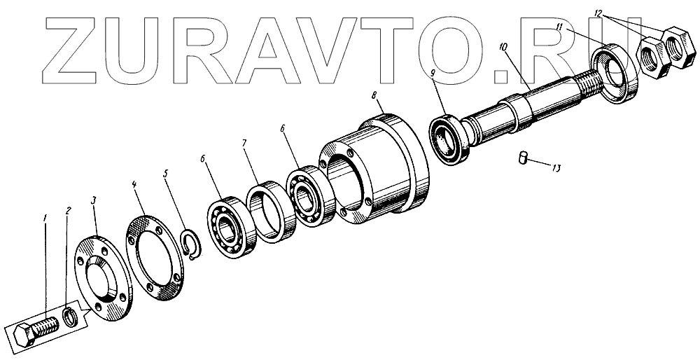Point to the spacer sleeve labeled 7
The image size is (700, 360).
(270, 212)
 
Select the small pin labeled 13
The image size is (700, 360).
(524, 158)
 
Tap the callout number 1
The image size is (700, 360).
(45, 219)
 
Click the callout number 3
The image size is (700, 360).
(93, 200)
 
